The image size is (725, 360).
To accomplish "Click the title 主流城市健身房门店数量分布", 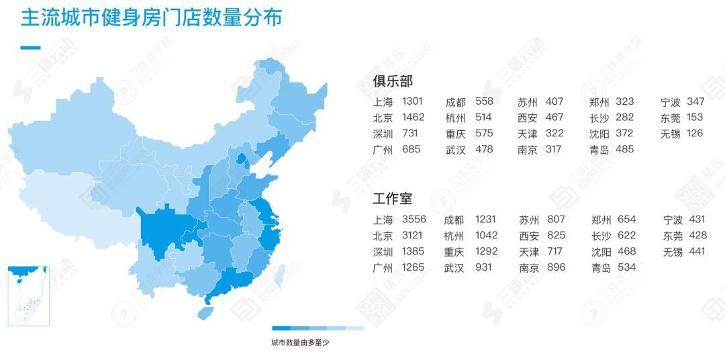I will coord(151,18).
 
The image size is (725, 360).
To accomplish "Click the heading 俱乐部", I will coord(393,81).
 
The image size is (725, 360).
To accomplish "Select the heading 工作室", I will coord(393,199).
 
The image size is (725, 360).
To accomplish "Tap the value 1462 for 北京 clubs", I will coord(413,118).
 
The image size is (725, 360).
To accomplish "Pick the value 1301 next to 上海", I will coord(412,101).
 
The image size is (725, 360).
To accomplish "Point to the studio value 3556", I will coord(414,220).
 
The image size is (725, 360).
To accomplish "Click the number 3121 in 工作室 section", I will coord(414,236).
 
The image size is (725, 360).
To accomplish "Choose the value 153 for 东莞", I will coord(695,118).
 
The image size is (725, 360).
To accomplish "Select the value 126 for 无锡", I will coord(695,134).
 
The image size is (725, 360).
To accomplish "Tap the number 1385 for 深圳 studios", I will coord(414,252).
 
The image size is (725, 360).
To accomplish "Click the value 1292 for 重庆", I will coord(487,252).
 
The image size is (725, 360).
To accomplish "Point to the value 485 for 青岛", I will coord(624,150).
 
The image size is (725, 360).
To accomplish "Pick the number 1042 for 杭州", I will coord(487,236).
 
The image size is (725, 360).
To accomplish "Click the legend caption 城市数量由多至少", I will coord(300,343).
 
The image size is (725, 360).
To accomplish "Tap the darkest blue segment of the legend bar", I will coord(281,328).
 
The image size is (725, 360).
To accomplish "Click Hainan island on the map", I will coord(206,312).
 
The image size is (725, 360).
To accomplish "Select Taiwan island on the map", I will coord(283,273).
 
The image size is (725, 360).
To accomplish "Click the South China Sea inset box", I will coord(28,296).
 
